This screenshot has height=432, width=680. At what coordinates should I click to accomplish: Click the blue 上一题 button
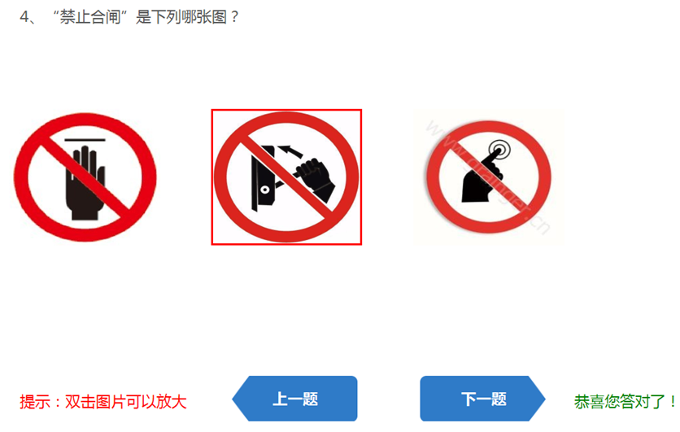295,399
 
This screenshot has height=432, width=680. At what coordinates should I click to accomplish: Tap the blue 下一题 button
482,399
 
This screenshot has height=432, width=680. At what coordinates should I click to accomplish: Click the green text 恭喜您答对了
619,402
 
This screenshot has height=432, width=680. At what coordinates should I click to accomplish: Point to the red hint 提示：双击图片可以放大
103,402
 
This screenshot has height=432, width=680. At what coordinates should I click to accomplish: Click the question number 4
24,17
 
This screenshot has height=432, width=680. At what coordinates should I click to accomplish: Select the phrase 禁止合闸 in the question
89,17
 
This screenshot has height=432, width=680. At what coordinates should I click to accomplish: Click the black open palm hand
85,182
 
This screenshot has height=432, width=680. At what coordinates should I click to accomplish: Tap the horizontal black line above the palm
85,140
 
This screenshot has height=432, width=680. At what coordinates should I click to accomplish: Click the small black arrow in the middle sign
290,151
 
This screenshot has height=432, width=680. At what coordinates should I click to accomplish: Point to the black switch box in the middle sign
263,178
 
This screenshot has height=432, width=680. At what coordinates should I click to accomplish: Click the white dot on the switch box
264,190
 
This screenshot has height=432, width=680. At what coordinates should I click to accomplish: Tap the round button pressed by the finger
499,150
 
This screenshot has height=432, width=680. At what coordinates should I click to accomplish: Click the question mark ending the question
234,17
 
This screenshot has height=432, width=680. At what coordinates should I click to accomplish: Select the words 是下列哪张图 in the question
181,17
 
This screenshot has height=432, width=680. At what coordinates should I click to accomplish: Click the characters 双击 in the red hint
81,402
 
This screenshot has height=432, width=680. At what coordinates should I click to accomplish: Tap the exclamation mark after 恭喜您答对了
673,402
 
